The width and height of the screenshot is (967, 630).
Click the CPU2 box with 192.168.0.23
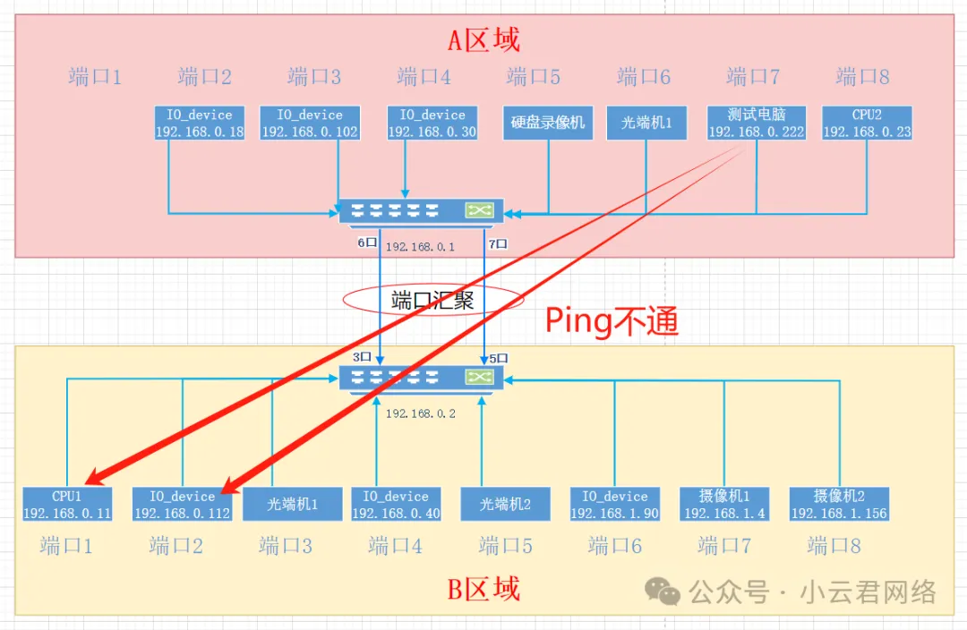(x=866, y=123)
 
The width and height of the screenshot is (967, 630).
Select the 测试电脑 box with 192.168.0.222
(x=756, y=123)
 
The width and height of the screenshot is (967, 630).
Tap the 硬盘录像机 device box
(x=548, y=123)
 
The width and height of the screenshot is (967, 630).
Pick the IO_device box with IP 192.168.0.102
(x=309, y=123)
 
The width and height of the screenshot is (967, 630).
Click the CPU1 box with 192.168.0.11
(x=67, y=505)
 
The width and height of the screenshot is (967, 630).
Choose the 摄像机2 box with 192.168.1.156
(x=839, y=505)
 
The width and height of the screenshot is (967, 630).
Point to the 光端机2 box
(x=505, y=504)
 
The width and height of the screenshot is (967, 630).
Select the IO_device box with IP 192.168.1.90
(x=614, y=505)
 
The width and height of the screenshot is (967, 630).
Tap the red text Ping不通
(x=612, y=320)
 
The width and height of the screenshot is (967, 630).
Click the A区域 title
(x=483, y=39)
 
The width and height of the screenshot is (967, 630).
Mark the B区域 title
(x=483, y=589)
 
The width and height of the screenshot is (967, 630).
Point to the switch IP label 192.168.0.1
(x=420, y=246)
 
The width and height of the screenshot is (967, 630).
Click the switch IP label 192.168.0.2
(x=420, y=413)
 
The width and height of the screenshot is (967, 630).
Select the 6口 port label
(x=368, y=243)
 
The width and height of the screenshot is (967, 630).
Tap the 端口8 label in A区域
(x=862, y=77)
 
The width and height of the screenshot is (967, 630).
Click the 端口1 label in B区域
(x=66, y=545)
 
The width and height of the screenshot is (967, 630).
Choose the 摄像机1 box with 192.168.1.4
(x=724, y=505)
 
